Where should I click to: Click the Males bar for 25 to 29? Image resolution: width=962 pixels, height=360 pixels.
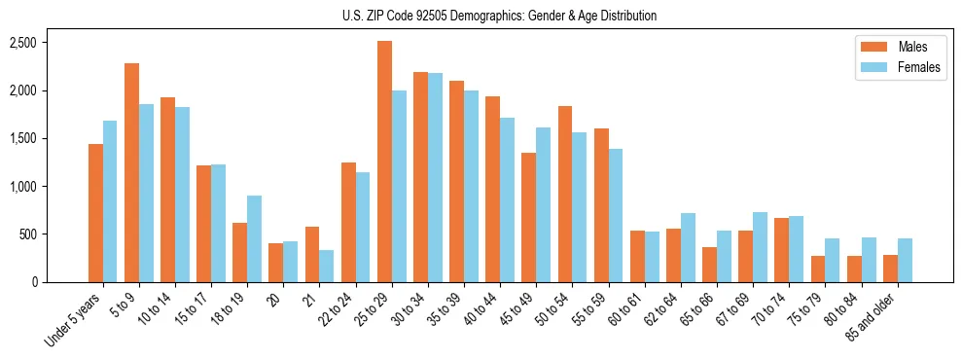[x=385, y=162]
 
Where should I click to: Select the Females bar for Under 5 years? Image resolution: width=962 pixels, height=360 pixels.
[x=110, y=201]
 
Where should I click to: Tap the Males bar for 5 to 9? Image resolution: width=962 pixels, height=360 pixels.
[x=131, y=172]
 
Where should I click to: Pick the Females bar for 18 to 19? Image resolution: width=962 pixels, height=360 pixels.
[x=255, y=238]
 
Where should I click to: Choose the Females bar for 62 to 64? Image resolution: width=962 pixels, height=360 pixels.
[x=688, y=247]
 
